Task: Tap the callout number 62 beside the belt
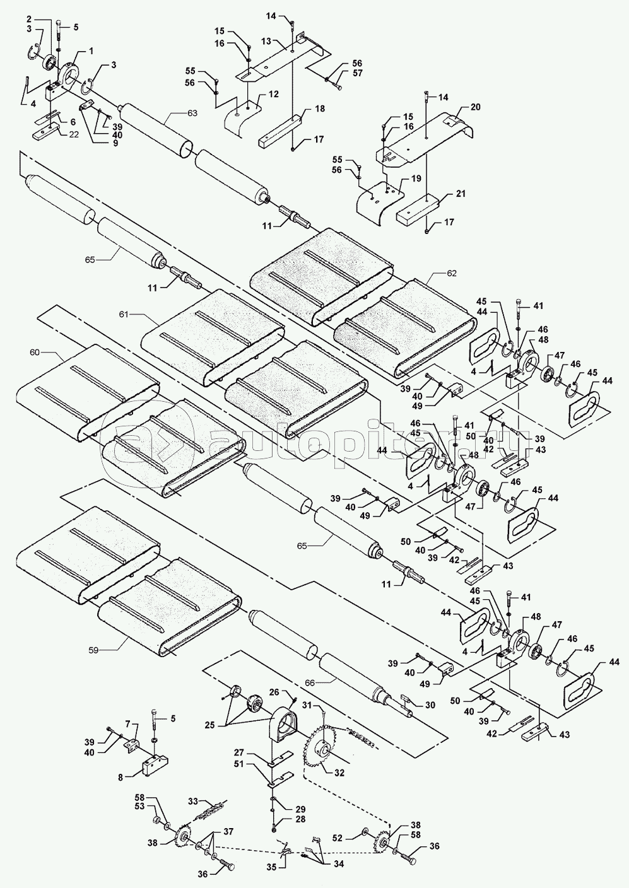coord(451,273)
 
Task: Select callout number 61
coord(124,315)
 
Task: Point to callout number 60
coord(35,352)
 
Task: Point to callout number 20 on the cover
coord(476,107)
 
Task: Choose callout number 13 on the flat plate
coord(266,41)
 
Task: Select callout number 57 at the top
coord(357,73)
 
